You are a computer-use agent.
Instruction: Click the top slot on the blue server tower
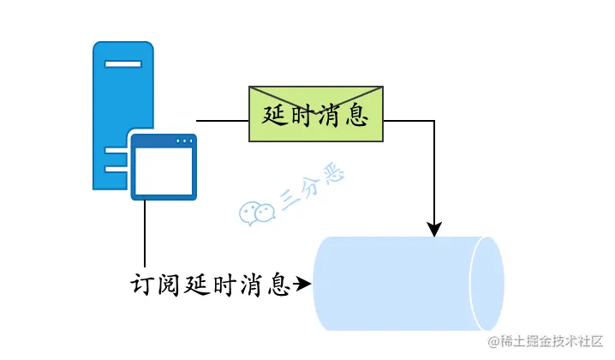point(123,65)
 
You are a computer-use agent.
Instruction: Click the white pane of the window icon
point(164,171)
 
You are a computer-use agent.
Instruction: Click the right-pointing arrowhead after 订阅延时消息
point(302,281)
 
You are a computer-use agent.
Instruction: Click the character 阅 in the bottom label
point(170,284)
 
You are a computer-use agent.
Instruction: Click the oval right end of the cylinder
point(488,283)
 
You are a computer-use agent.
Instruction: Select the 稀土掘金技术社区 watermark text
point(548,342)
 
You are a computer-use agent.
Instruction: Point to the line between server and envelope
point(222,120)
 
